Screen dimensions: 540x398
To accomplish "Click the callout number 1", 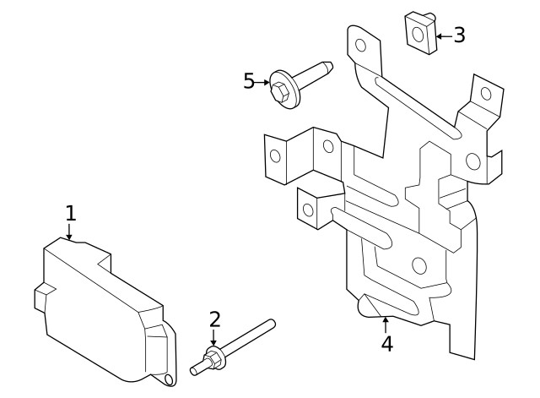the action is click(x=71, y=213).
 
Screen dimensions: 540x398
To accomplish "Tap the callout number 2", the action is click(x=214, y=319).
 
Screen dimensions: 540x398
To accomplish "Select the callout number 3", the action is click(x=459, y=35).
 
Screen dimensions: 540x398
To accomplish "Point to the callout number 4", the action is click(x=387, y=344).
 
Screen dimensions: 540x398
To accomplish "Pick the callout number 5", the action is click(x=249, y=81).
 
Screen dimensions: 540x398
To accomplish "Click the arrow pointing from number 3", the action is click(x=445, y=35).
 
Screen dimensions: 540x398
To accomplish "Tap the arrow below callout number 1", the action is click(x=69, y=232).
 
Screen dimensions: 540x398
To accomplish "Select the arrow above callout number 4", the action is click(x=386, y=324).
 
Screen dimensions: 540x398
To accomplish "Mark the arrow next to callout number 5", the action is click(x=262, y=83).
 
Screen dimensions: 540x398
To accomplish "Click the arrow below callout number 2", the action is click(x=213, y=337).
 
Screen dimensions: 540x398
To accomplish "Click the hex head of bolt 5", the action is click(x=279, y=92).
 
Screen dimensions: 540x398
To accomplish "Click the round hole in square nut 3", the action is click(x=418, y=35).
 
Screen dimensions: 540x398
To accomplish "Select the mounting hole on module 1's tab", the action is click(x=169, y=379).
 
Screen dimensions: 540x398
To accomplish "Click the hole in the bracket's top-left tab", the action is click(x=360, y=45).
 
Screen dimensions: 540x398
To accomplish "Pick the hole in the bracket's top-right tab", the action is click(x=486, y=94).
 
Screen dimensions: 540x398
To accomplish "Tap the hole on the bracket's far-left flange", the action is click(x=275, y=155).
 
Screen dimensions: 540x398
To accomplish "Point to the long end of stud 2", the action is click(x=272, y=323).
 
